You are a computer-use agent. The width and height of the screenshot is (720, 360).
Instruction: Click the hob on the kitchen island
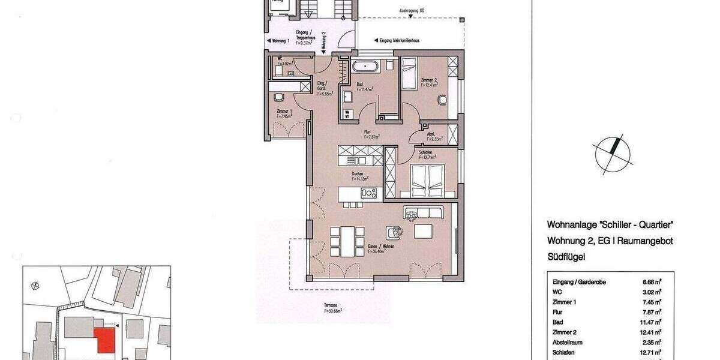point(368,193)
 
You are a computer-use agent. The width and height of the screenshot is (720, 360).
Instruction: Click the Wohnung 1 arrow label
point(278,41)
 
